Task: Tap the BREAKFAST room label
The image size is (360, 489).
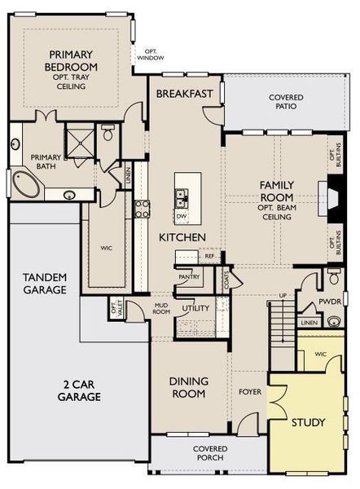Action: click(x=185, y=94)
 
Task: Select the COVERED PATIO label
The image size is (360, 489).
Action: click(x=286, y=102)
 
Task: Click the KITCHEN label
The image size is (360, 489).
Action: click(x=182, y=237)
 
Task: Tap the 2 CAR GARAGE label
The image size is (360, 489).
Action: click(x=79, y=390)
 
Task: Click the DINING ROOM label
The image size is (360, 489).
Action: click(x=189, y=387)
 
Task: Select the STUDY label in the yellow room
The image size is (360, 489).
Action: click(x=309, y=422)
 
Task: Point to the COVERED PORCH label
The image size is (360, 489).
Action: click(x=209, y=453)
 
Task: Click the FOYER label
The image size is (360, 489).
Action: click(x=250, y=392)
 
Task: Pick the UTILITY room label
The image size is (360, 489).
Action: click(x=196, y=309)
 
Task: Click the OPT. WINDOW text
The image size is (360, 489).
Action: click(x=150, y=54)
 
